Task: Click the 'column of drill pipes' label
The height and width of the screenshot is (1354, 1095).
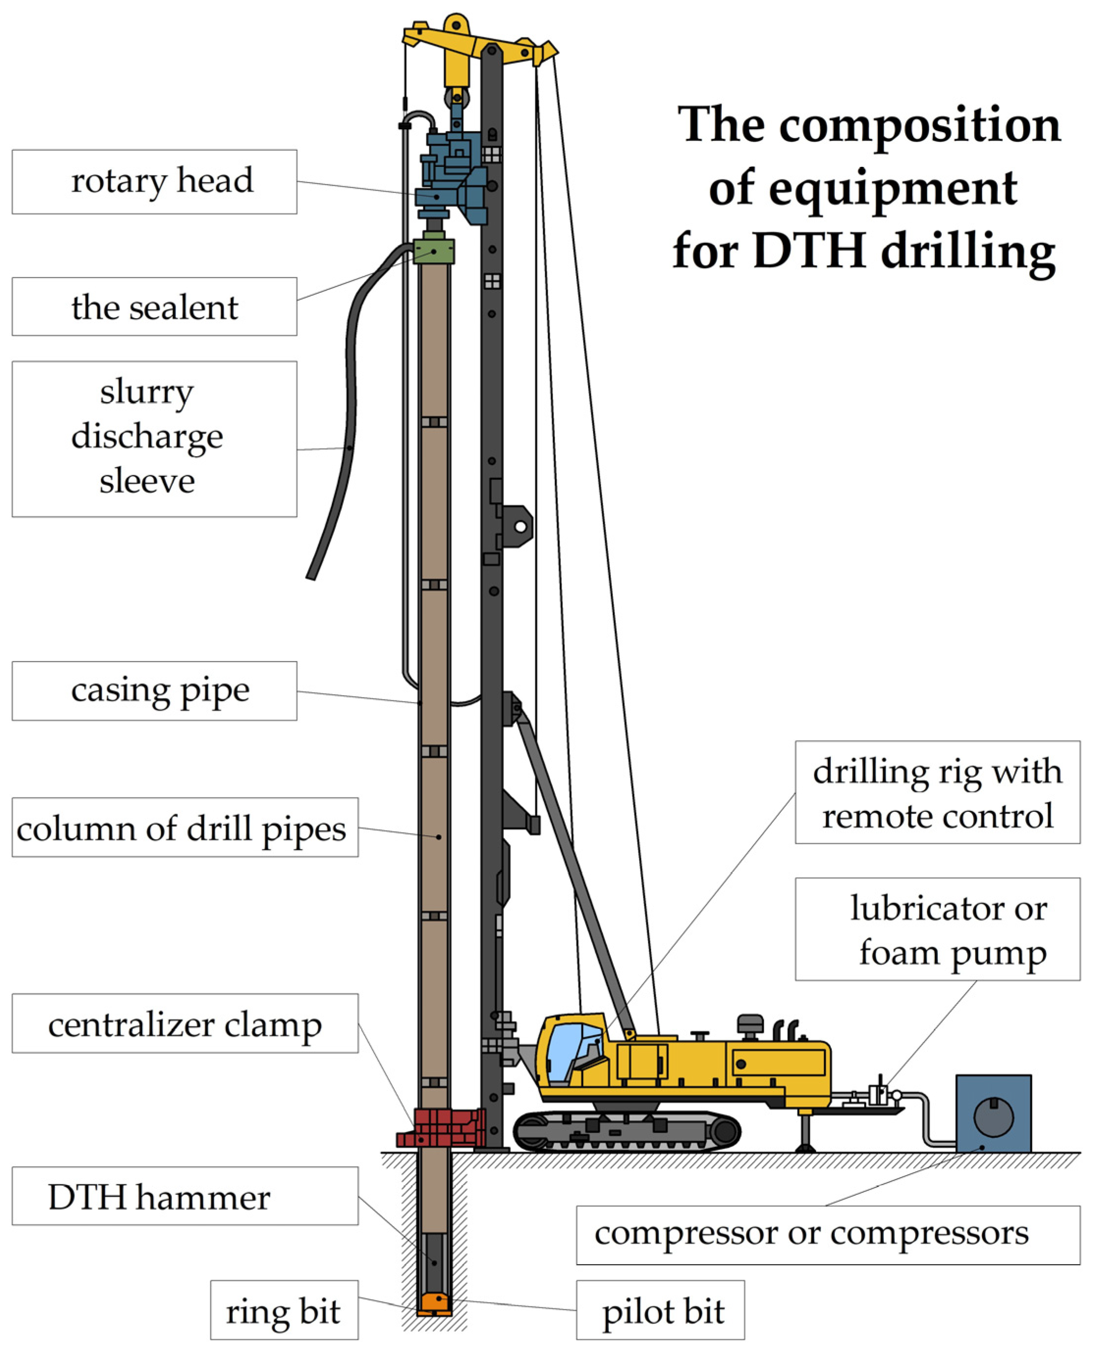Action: [x=184, y=827]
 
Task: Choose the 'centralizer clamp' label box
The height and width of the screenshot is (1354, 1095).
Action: [x=184, y=1023]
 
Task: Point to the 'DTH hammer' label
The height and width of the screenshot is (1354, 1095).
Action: [x=184, y=1196]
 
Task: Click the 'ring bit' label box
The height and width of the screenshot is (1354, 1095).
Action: [x=284, y=1310]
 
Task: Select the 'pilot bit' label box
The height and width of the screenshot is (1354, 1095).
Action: [x=660, y=1310]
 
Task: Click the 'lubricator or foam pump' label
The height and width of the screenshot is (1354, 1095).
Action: [x=937, y=929]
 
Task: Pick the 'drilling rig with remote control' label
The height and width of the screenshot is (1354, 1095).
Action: [x=937, y=793]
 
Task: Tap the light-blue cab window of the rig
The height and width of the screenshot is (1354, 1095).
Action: [x=570, y=1050]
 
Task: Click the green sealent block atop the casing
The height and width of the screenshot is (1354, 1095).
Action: [x=434, y=251]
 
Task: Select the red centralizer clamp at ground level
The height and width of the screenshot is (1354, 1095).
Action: [x=441, y=1127]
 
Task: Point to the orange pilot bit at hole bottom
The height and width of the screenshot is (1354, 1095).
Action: [x=434, y=1301]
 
